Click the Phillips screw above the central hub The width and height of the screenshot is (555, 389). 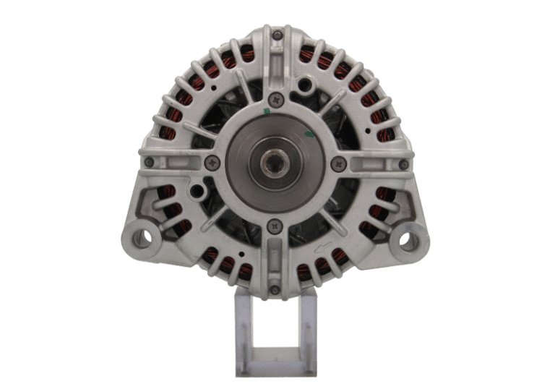(275, 100)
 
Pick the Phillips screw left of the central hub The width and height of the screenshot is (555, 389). (210, 162)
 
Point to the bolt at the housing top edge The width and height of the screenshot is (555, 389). (277, 33)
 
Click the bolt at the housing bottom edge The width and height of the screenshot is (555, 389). (275, 290)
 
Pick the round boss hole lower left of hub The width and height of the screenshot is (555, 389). (195, 192)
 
